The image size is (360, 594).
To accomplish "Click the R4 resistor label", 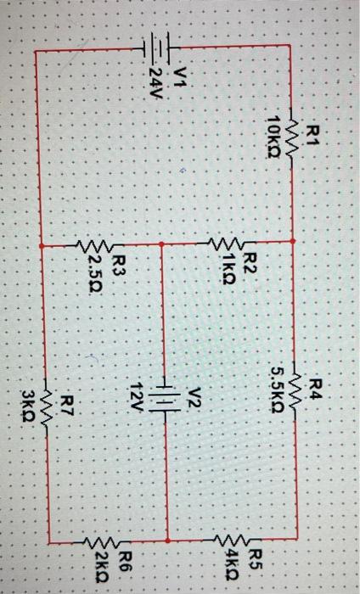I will (x=316, y=389).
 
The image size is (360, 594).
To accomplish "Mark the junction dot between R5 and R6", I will (x=167, y=538).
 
